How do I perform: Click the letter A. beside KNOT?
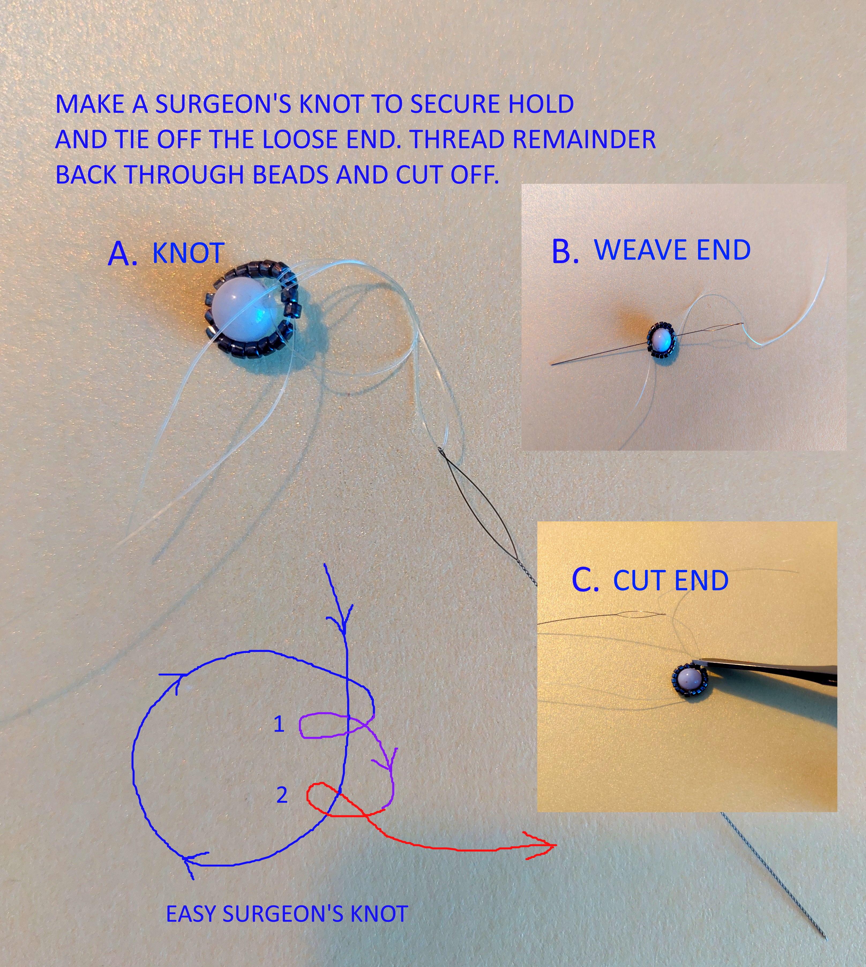point(123,254)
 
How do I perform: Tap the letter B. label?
point(565,251)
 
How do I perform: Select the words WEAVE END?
point(672,250)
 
